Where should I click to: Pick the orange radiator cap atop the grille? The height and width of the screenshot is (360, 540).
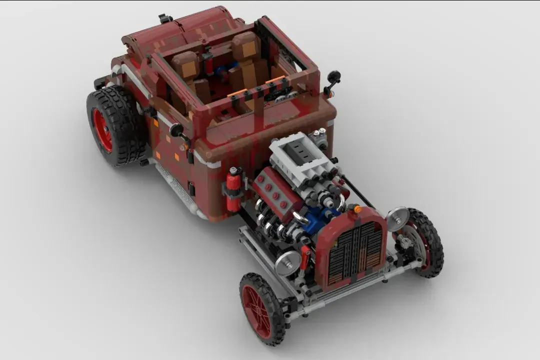pyautogui.click(x=357, y=209)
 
